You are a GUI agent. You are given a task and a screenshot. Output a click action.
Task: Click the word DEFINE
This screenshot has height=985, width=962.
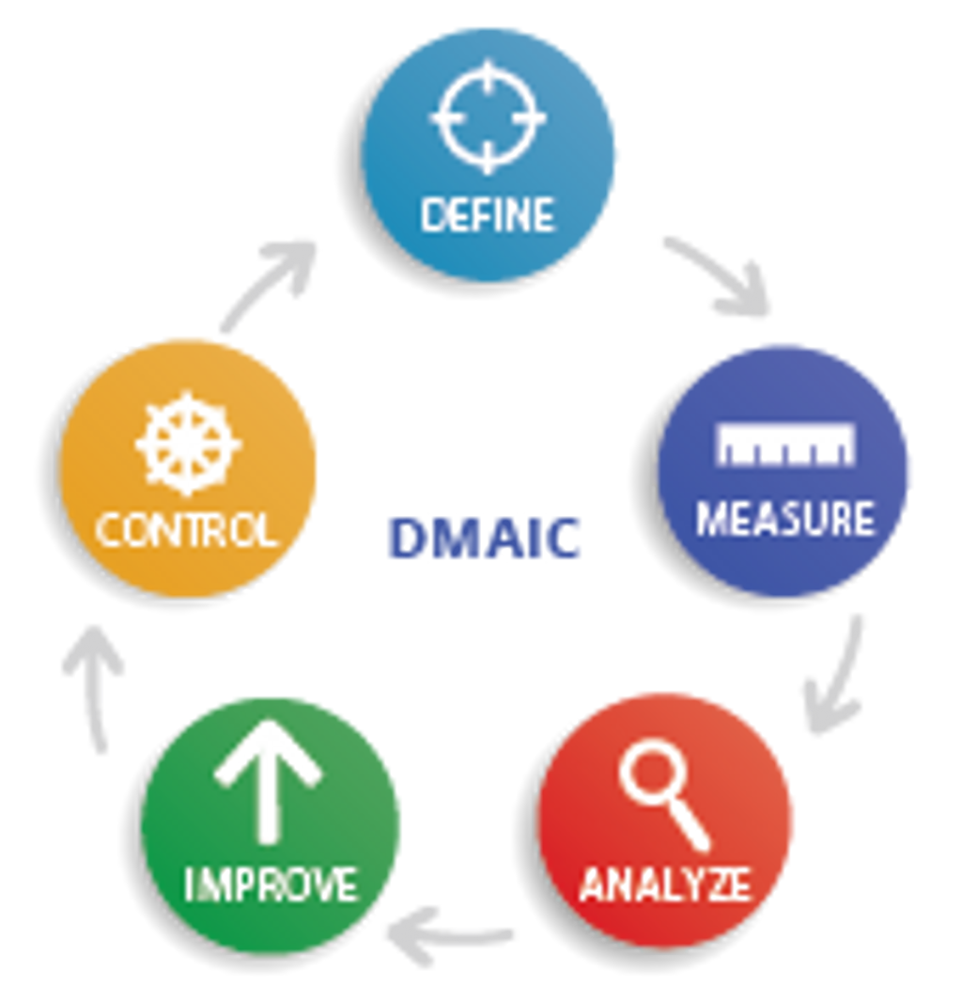tap(488, 215)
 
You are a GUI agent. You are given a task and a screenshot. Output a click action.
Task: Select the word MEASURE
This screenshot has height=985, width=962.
tap(785, 519)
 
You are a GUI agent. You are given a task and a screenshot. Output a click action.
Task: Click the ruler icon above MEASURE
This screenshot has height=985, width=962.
tap(786, 446)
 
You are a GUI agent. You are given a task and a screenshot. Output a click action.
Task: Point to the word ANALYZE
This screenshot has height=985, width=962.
tap(665, 884)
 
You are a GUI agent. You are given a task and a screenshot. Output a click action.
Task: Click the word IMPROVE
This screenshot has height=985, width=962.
tap(271, 884)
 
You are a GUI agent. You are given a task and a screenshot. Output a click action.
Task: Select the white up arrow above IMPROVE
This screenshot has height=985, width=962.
tap(269, 779)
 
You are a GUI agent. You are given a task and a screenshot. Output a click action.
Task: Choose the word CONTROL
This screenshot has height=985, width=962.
tap(187, 530)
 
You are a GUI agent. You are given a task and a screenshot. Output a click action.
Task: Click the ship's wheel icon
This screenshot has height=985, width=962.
tap(188, 444)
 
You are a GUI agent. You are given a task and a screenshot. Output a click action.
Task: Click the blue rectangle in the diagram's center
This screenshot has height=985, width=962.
tap(484, 539)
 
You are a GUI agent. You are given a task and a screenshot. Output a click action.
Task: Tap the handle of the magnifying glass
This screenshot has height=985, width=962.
tap(690, 827)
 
